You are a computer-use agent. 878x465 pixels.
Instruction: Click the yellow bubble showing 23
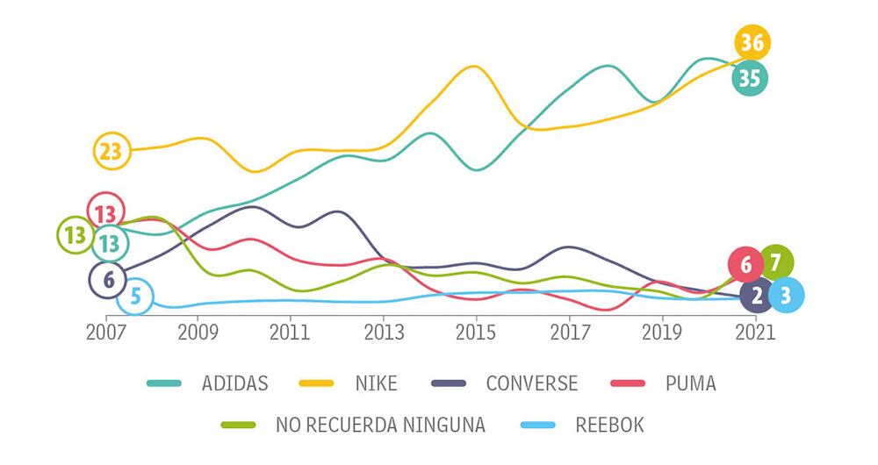(x=111, y=151)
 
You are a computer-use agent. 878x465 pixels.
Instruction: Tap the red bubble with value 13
(x=105, y=211)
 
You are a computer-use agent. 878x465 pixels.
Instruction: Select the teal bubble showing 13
(x=110, y=242)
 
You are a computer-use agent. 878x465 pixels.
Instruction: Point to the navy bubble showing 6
(x=107, y=279)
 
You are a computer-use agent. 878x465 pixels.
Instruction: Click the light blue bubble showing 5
(x=135, y=297)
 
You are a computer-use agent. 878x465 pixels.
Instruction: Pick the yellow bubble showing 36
(x=752, y=42)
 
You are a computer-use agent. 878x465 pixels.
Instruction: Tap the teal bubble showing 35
(x=749, y=78)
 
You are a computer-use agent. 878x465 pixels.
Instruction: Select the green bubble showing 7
(x=775, y=261)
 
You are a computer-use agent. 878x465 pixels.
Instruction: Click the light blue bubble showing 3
(x=785, y=296)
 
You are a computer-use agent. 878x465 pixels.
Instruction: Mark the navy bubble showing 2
(x=756, y=296)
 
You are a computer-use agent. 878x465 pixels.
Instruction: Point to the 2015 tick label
(x=476, y=333)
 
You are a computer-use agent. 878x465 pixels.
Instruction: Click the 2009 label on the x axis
(x=198, y=333)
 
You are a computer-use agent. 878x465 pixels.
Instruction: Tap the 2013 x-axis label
(x=384, y=333)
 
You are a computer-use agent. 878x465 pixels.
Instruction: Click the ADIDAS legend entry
(x=234, y=383)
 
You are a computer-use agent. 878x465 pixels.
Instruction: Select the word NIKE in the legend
(x=376, y=383)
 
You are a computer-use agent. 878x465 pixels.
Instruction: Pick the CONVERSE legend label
(x=531, y=383)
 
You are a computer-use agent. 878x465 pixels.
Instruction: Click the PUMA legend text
(x=690, y=383)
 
